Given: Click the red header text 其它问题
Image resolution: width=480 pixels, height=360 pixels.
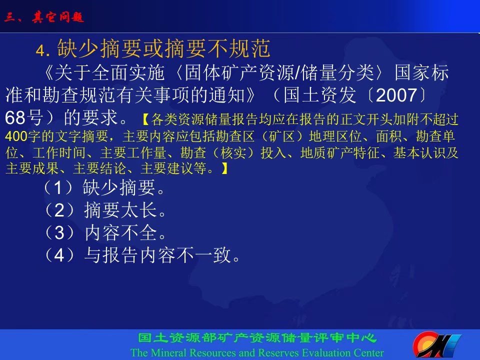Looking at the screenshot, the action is [x=57, y=17].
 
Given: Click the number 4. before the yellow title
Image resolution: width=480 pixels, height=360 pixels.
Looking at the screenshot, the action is [x=43, y=50].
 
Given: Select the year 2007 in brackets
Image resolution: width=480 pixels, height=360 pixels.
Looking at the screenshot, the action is [x=396, y=95].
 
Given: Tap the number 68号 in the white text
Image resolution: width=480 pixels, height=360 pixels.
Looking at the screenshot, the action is [x=24, y=117].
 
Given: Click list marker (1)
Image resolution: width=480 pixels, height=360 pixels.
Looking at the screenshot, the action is [x=58, y=187].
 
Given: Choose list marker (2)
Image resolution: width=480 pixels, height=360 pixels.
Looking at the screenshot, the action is [x=59, y=210].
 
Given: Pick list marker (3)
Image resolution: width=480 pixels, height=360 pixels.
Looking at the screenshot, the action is [x=59, y=232].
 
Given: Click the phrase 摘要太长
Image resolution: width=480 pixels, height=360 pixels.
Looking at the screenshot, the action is [x=121, y=210].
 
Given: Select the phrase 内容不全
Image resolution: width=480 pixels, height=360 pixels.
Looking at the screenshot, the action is [x=121, y=232].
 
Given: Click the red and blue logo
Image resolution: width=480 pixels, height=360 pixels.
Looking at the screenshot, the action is [x=436, y=345].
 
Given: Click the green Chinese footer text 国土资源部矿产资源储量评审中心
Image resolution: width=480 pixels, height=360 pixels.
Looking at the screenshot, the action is [x=257, y=338].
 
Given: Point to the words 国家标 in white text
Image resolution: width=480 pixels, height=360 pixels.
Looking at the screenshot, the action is [x=422, y=73].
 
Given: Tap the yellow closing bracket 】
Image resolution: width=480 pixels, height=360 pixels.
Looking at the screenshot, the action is [x=224, y=168].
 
